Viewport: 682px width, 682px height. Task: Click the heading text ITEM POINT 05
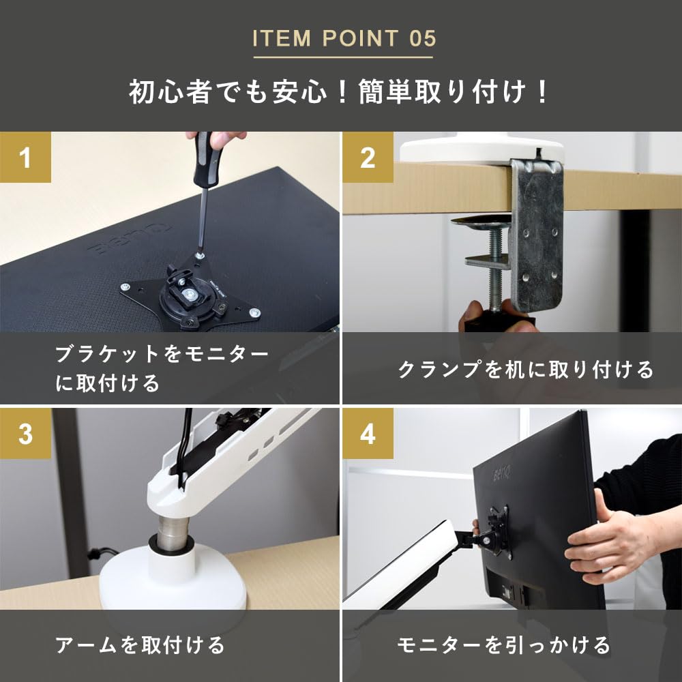[x=344, y=38]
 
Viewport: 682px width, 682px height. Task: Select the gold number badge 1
[x=25, y=158]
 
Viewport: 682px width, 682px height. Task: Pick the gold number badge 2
[x=368, y=158]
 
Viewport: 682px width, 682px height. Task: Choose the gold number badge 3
[x=25, y=434]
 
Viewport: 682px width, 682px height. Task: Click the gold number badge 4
[x=368, y=434]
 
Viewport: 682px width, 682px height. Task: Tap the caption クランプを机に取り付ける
[x=525, y=370]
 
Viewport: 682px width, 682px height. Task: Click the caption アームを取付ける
[x=139, y=644]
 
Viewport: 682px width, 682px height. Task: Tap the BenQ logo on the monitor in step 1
[x=106, y=246]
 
